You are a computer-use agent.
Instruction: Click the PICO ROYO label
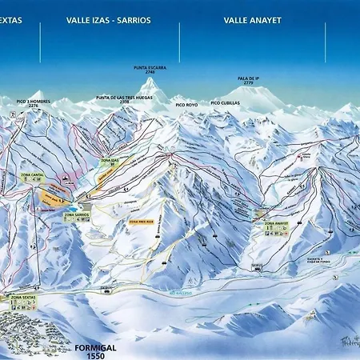(186, 104)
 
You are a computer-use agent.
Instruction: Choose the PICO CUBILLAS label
(225, 103)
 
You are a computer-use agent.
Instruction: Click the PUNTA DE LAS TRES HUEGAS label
(124, 98)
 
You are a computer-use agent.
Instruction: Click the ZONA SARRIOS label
(76, 215)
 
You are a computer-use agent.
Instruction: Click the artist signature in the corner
(346, 340)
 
